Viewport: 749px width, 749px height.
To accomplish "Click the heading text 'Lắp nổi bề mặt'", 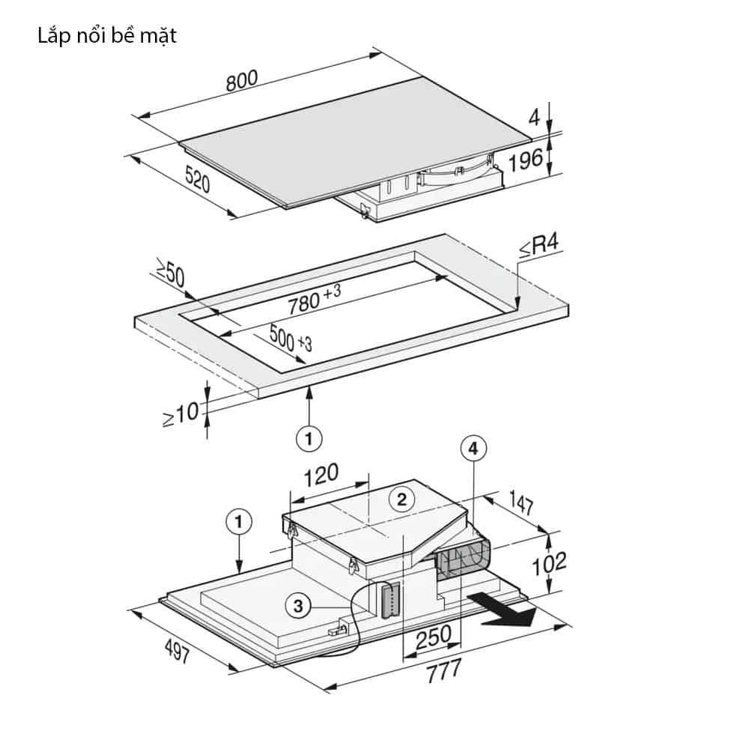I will click(107, 35).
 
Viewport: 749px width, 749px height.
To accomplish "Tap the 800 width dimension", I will click(242, 81).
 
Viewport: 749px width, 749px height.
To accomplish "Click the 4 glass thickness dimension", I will click(534, 117).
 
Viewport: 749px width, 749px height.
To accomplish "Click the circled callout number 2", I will click(401, 499).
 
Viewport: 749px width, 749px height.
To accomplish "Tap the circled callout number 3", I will click(298, 607).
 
